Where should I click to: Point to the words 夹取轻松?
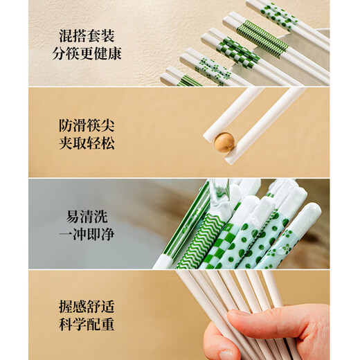[x=87, y=144]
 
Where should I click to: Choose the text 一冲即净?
[x=87, y=234]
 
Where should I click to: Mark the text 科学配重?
[x=87, y=324]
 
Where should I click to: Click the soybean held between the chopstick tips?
[x=224, y=142]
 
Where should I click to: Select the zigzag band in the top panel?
[x=262, y=39]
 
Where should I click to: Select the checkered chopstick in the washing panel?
[x=220, y=246]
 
